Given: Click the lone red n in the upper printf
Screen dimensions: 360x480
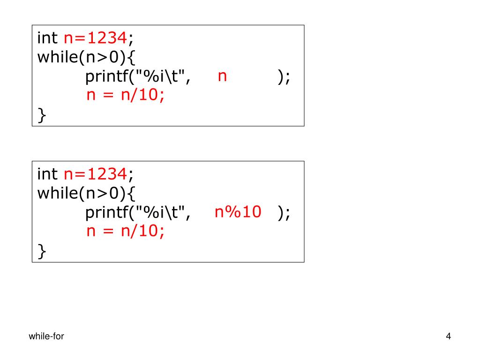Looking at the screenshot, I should [x=222, y=76].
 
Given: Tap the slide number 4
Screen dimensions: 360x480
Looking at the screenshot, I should [x=449, y=336].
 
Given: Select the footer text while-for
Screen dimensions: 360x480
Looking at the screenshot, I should [x=46, y=336].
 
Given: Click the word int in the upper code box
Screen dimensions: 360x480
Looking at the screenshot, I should [x=47, y=37].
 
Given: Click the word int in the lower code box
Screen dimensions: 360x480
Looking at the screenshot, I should [x=47, y=174].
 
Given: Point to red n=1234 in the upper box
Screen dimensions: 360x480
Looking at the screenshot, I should [x=95, y=37].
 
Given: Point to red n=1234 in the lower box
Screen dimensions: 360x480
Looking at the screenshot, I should [x=95, y=174].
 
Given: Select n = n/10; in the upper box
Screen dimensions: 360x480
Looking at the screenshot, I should [x=126, y=96].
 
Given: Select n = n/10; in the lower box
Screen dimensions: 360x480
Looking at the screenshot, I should [x=126, y=232].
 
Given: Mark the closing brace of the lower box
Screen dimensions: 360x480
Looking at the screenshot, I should [x=42, y=252].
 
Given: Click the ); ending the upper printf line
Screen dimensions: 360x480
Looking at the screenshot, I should [x=284, y=77].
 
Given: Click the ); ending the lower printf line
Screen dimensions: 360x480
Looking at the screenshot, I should [x=284, y=213].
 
